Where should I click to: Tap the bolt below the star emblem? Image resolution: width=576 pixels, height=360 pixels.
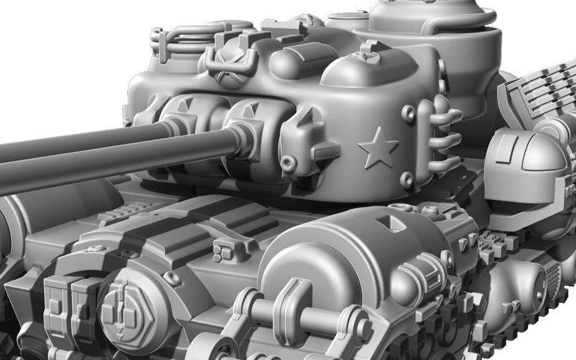(406, 181)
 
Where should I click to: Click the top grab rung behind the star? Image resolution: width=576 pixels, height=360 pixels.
(448, 116)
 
